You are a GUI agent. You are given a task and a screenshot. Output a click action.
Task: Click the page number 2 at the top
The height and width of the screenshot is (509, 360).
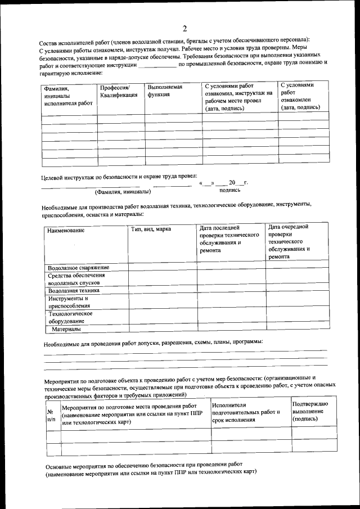pyautogui.click(x=184, y=29)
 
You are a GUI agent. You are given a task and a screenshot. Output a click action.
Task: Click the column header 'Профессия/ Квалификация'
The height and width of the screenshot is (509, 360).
pyautogui.click(x=118, y=92)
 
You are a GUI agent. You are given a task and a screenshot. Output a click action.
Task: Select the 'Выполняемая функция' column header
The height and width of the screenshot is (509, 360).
pyautogui.click(x=165, y=92)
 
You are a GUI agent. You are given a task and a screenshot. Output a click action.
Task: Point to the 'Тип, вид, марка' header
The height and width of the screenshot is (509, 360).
pyautogui.click(x=151, y=229)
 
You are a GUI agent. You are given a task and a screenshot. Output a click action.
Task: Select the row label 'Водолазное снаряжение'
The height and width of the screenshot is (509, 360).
pyautogui.click(x=79, y=268)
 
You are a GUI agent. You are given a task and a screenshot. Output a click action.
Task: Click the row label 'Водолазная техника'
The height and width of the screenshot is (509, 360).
pyautogui.click(x=74, y=291)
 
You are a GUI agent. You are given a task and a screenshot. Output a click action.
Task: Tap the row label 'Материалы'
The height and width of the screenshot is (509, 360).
pyautogui.click(x=66, y=328)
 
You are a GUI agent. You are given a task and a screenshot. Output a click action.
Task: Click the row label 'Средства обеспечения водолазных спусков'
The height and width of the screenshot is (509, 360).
pyautogui.click(x=76, y=280)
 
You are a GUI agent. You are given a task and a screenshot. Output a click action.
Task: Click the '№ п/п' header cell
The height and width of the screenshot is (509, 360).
pyautogui.click(x=52, y=415)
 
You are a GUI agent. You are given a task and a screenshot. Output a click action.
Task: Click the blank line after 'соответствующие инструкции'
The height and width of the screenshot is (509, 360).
pyautogui.click(x=157, y=66)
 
